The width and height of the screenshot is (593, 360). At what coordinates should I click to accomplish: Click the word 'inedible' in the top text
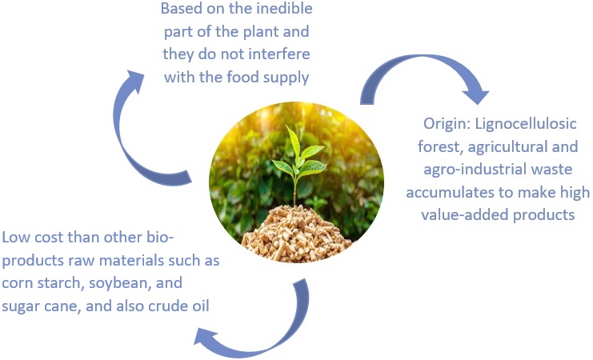(x=274, y=12)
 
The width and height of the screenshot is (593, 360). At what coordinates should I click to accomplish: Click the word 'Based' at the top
(x=181, y=12)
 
